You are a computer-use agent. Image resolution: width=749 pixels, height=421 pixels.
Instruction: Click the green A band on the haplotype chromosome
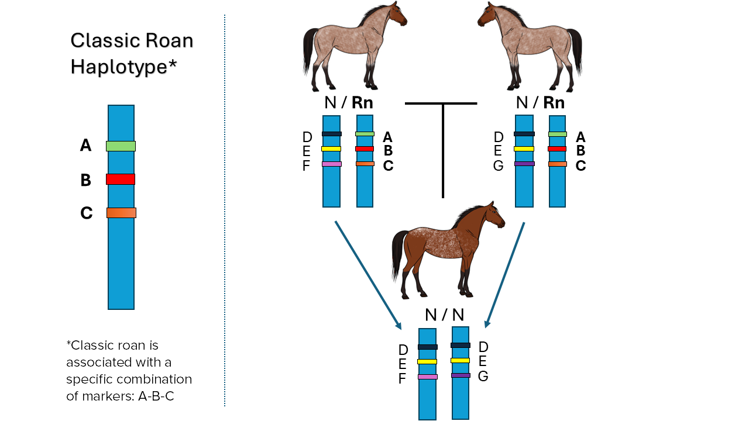click(121, 146)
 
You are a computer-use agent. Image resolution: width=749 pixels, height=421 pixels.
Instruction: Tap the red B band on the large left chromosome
click(121, 179)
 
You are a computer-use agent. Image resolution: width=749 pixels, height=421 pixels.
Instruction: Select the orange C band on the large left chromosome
click(121, 213)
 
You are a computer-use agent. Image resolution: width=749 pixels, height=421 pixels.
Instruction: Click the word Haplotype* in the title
click(123, 67)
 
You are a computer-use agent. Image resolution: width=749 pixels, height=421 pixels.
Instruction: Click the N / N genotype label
click(444, 315)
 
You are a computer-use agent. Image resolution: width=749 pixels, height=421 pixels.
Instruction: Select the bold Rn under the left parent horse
click(362, 103)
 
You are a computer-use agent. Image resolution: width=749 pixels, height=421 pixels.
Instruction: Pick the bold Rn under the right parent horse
click(554, 103)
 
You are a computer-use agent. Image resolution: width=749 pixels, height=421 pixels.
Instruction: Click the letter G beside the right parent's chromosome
click(498, 165)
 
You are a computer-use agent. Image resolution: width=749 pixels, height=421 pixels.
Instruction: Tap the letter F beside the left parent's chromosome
click(307, 165)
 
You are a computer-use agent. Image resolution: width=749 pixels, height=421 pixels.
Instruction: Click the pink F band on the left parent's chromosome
click(331, 164)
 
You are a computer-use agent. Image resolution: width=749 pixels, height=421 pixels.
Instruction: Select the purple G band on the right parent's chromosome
click(524, 164)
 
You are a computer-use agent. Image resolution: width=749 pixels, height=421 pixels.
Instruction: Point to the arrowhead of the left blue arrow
click(399, 325)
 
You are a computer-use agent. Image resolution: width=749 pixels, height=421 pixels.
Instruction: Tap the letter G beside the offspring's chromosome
click(483, 376)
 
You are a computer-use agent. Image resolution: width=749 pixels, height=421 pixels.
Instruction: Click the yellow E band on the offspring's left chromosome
click(427, 361)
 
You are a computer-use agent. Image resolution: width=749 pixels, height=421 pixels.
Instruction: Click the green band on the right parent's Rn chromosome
click(557, 134)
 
